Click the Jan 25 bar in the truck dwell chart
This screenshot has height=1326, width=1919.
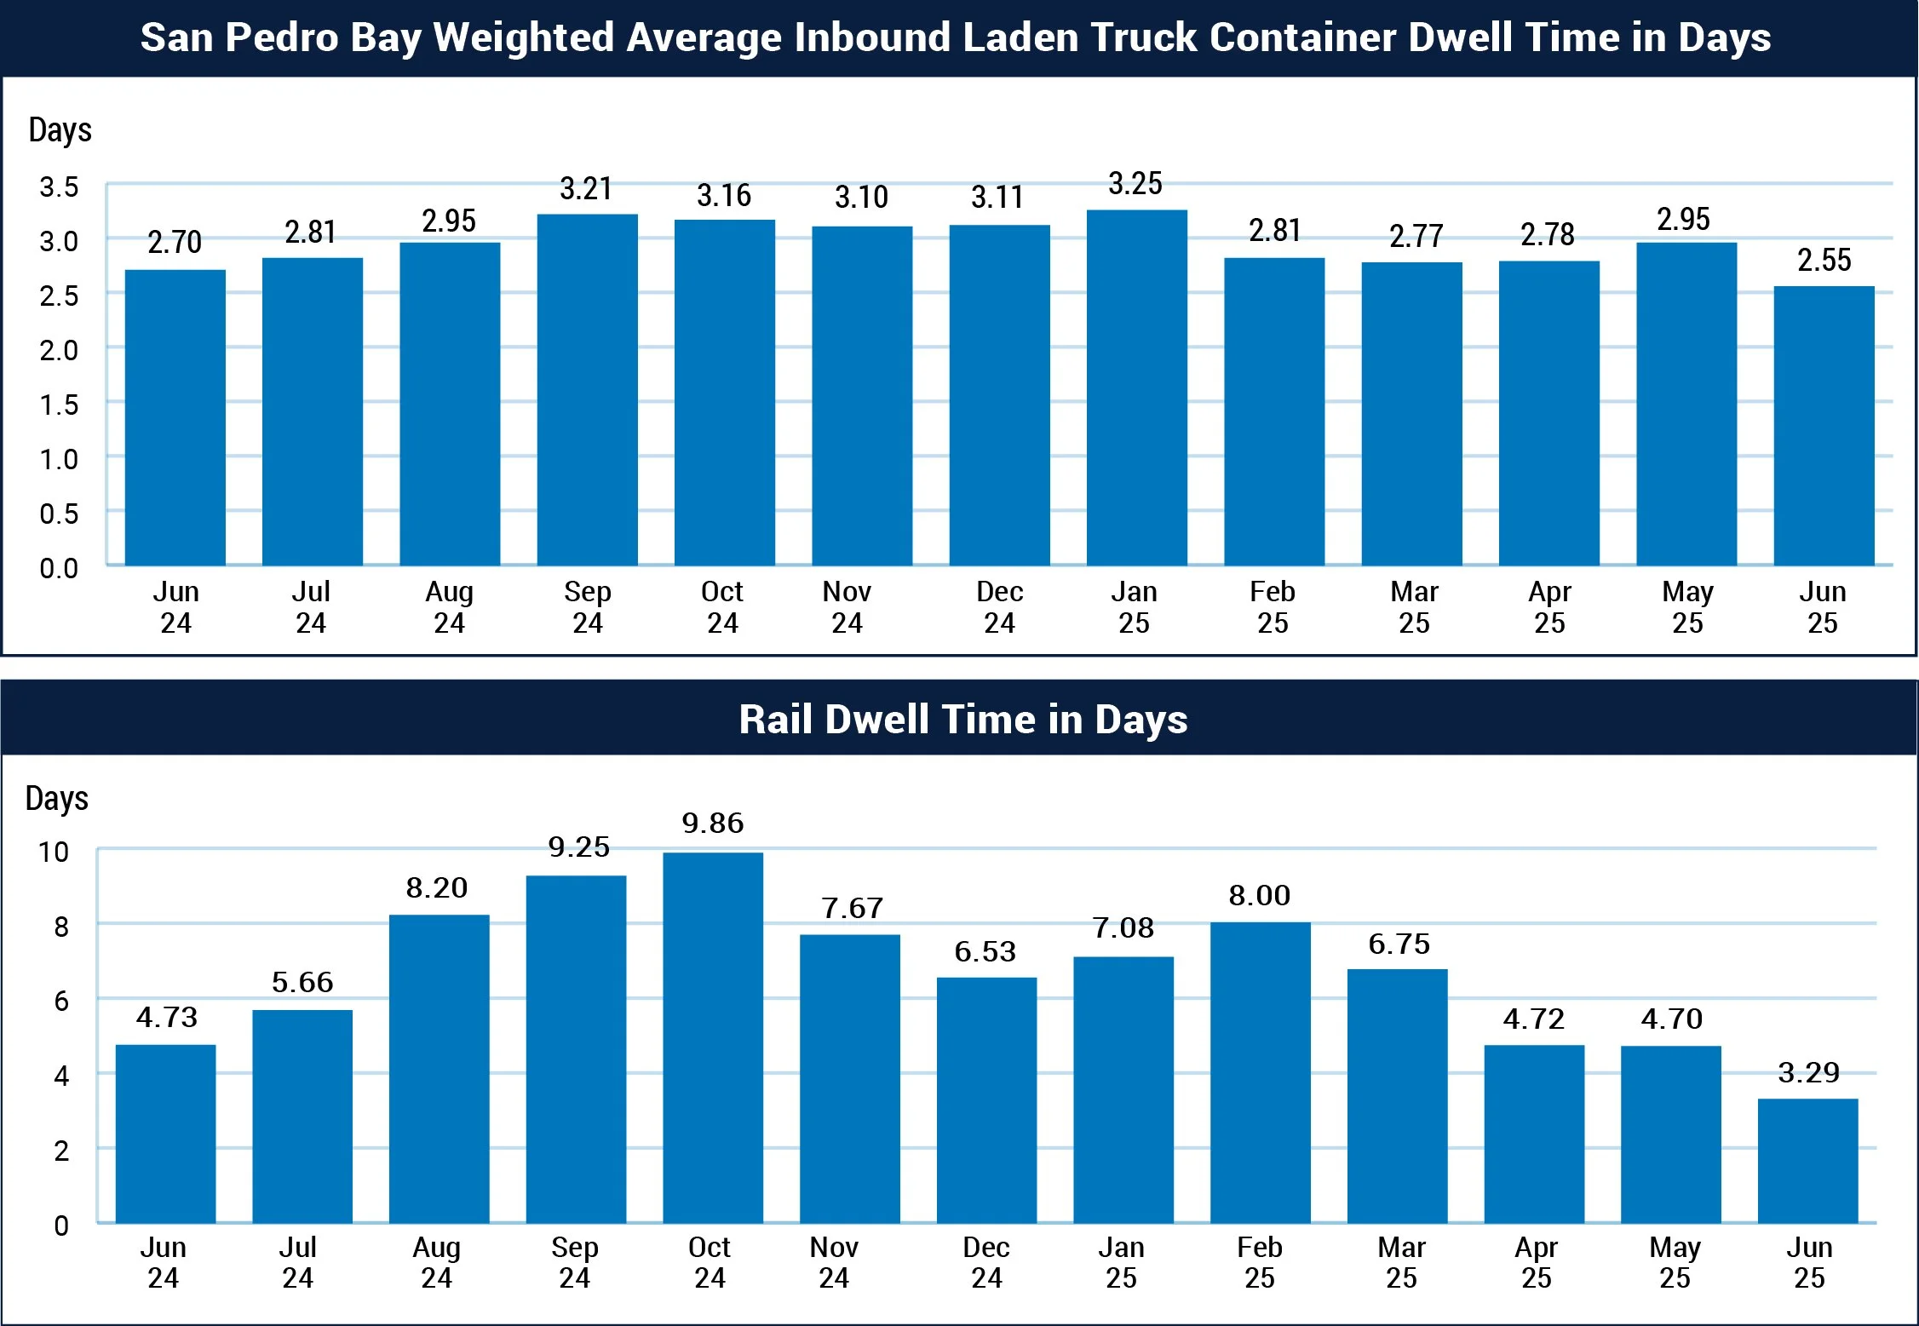pyautogui.click(x=1136, y=387)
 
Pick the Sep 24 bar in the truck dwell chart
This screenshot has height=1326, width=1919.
pyautogui.click(x=587, y=389)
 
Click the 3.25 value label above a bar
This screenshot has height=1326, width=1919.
pyautogui.click(x=1135, y=184)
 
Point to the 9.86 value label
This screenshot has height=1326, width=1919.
pyautogui.click(x=713, y=824)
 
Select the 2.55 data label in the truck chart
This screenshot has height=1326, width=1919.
pyautogui.click(x=1824, y=261)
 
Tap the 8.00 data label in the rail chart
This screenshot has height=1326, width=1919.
pyautogui.click(x=1259, y=896)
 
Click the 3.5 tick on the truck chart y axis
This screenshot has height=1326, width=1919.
pyautogui.click(x=59, y=187)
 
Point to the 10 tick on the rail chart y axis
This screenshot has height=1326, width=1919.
pyautogui.click(x=54, y=852)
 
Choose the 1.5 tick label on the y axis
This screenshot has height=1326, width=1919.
pyautogui.click(x=59, y=405)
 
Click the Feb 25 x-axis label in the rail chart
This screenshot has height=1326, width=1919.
pyautogui.click(x=1259, y=1262)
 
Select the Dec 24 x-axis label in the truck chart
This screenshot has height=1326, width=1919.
pyautogui.click(x=999, y=607)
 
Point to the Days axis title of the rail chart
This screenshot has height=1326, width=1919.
pyautogui.click(x=57, y=799)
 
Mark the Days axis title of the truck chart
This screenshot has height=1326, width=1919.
pyautogui.click(x=60, y=130)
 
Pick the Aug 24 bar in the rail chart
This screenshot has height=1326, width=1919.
pyautogui.click(x=439, y=1069)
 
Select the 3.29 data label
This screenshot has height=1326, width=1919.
pyautogui.click(x=1808, y=1073)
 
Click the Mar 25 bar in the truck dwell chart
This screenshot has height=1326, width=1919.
pyautogui.click(x=1411, y=414)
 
